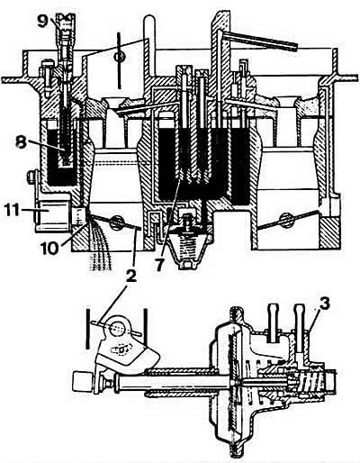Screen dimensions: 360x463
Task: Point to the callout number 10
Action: pos(49,249)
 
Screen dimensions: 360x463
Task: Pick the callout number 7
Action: pos(159,263)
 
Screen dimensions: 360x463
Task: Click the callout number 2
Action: pos(130,277)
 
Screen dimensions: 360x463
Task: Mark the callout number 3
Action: pos(323,304)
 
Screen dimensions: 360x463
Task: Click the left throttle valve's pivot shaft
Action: pos(116,222)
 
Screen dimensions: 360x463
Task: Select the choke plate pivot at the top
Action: pos(119,56)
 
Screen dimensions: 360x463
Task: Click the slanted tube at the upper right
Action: pos(259,40)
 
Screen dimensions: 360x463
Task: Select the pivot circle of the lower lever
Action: pos(117,328)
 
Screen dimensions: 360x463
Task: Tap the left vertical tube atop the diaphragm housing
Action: pos(273,322)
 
